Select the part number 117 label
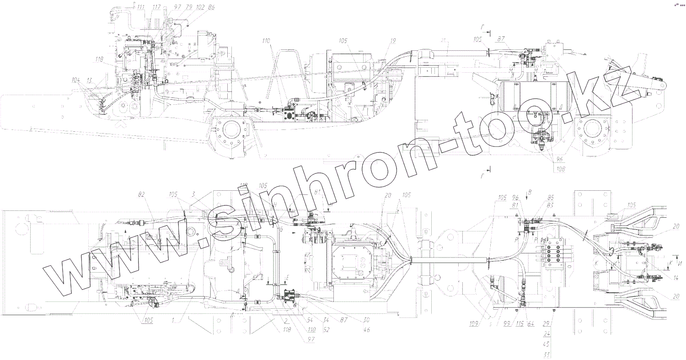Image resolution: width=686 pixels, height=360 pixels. pyautogui.click(x=156, y=7)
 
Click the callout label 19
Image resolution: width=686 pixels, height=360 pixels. pyautogui.click(x=393, y=41)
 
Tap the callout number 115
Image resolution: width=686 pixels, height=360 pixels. pyautogui.click(x=519, y=323)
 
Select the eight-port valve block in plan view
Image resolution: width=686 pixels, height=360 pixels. pyautogui.click(x=554, y=253)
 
